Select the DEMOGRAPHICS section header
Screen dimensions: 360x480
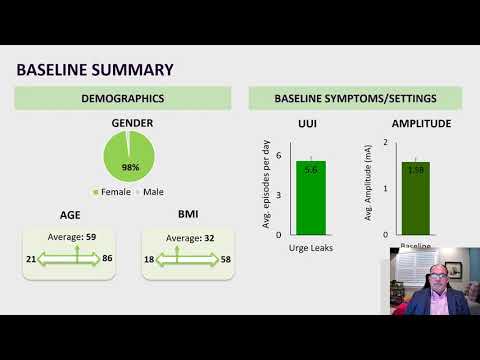coord(122,99)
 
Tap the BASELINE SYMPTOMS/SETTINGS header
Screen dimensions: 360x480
coord(355,99)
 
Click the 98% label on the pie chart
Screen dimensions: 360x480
coord(131,166)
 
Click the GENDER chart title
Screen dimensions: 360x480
coord(132,123)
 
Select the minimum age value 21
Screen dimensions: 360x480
coord(33,258)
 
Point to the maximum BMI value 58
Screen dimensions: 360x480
coord(226,258)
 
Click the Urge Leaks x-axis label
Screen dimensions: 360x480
coord(311,247)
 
